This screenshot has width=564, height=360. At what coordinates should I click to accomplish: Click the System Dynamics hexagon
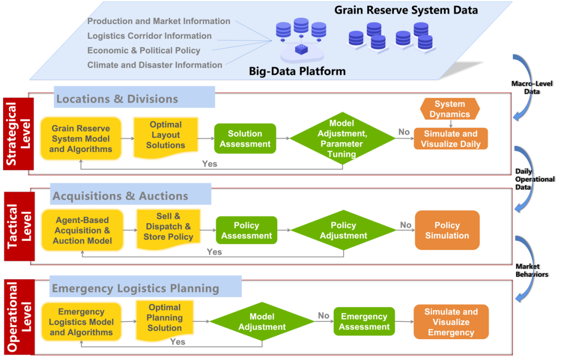coord(450,109)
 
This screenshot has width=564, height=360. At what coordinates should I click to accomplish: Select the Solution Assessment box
coord(245,138)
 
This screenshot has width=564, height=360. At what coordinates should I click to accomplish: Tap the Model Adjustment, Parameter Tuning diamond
coord(343,138)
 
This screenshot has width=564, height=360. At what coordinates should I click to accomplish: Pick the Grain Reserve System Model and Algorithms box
coord(81,138)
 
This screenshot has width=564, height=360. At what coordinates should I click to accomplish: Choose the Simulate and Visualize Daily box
coord(451,139)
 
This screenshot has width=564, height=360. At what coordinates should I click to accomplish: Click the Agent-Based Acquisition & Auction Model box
coord(82,230)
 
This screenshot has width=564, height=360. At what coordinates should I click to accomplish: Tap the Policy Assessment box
coord(246,230)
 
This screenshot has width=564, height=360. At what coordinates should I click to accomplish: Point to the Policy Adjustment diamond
coord(343,230)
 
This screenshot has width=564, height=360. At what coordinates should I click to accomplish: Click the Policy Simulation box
coord(447,230)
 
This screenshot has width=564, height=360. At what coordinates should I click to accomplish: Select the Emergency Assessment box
coord(364,321)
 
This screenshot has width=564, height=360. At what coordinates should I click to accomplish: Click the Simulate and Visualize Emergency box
coord(451,322)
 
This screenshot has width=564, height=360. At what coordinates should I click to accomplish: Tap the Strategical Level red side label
coord(18,134)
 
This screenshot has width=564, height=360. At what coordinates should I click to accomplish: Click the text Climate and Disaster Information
coord(155,65)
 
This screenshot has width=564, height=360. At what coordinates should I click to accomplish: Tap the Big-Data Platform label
coord(297,71)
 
